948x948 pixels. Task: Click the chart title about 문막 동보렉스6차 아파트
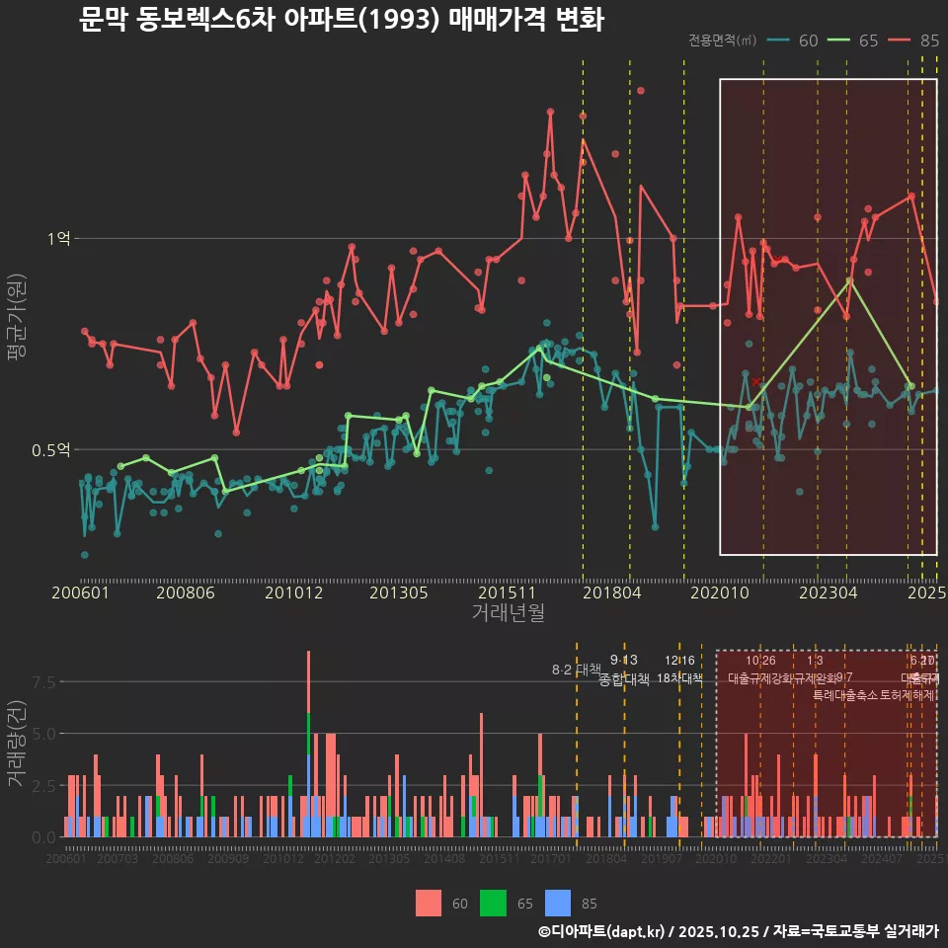click(341, 20)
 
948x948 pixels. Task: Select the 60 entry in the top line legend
click(808, 40)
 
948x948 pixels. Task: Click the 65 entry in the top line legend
click(868, 40)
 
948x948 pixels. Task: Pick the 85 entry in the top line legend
click(928, 40)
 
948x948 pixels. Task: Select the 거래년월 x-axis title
click(508, 613)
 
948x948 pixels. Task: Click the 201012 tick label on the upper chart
click(293, 593)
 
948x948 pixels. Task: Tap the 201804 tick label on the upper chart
click(611, 593)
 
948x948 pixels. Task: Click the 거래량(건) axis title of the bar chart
click(16, 744)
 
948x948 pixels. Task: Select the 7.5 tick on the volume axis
click(44, 682)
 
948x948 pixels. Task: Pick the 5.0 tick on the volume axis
click(44, 734)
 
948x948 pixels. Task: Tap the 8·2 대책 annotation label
click(576, 671)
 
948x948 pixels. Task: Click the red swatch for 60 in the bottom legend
click(429, 903)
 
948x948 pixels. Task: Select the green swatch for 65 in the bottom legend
click(493, 903)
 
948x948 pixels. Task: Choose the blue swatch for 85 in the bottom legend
click(557, 903)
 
